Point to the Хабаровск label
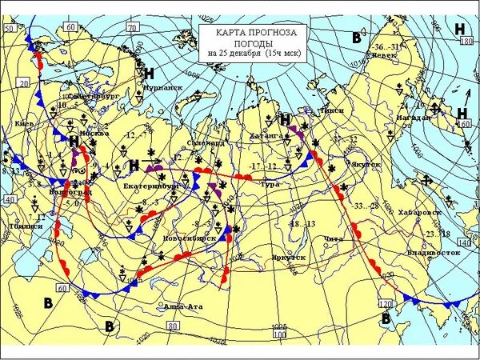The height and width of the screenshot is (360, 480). click(420, 214)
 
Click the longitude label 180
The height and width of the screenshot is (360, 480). click(467, 40)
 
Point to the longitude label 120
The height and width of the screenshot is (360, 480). click(386, 305)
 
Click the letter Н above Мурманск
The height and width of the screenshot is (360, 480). click(150, 74)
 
